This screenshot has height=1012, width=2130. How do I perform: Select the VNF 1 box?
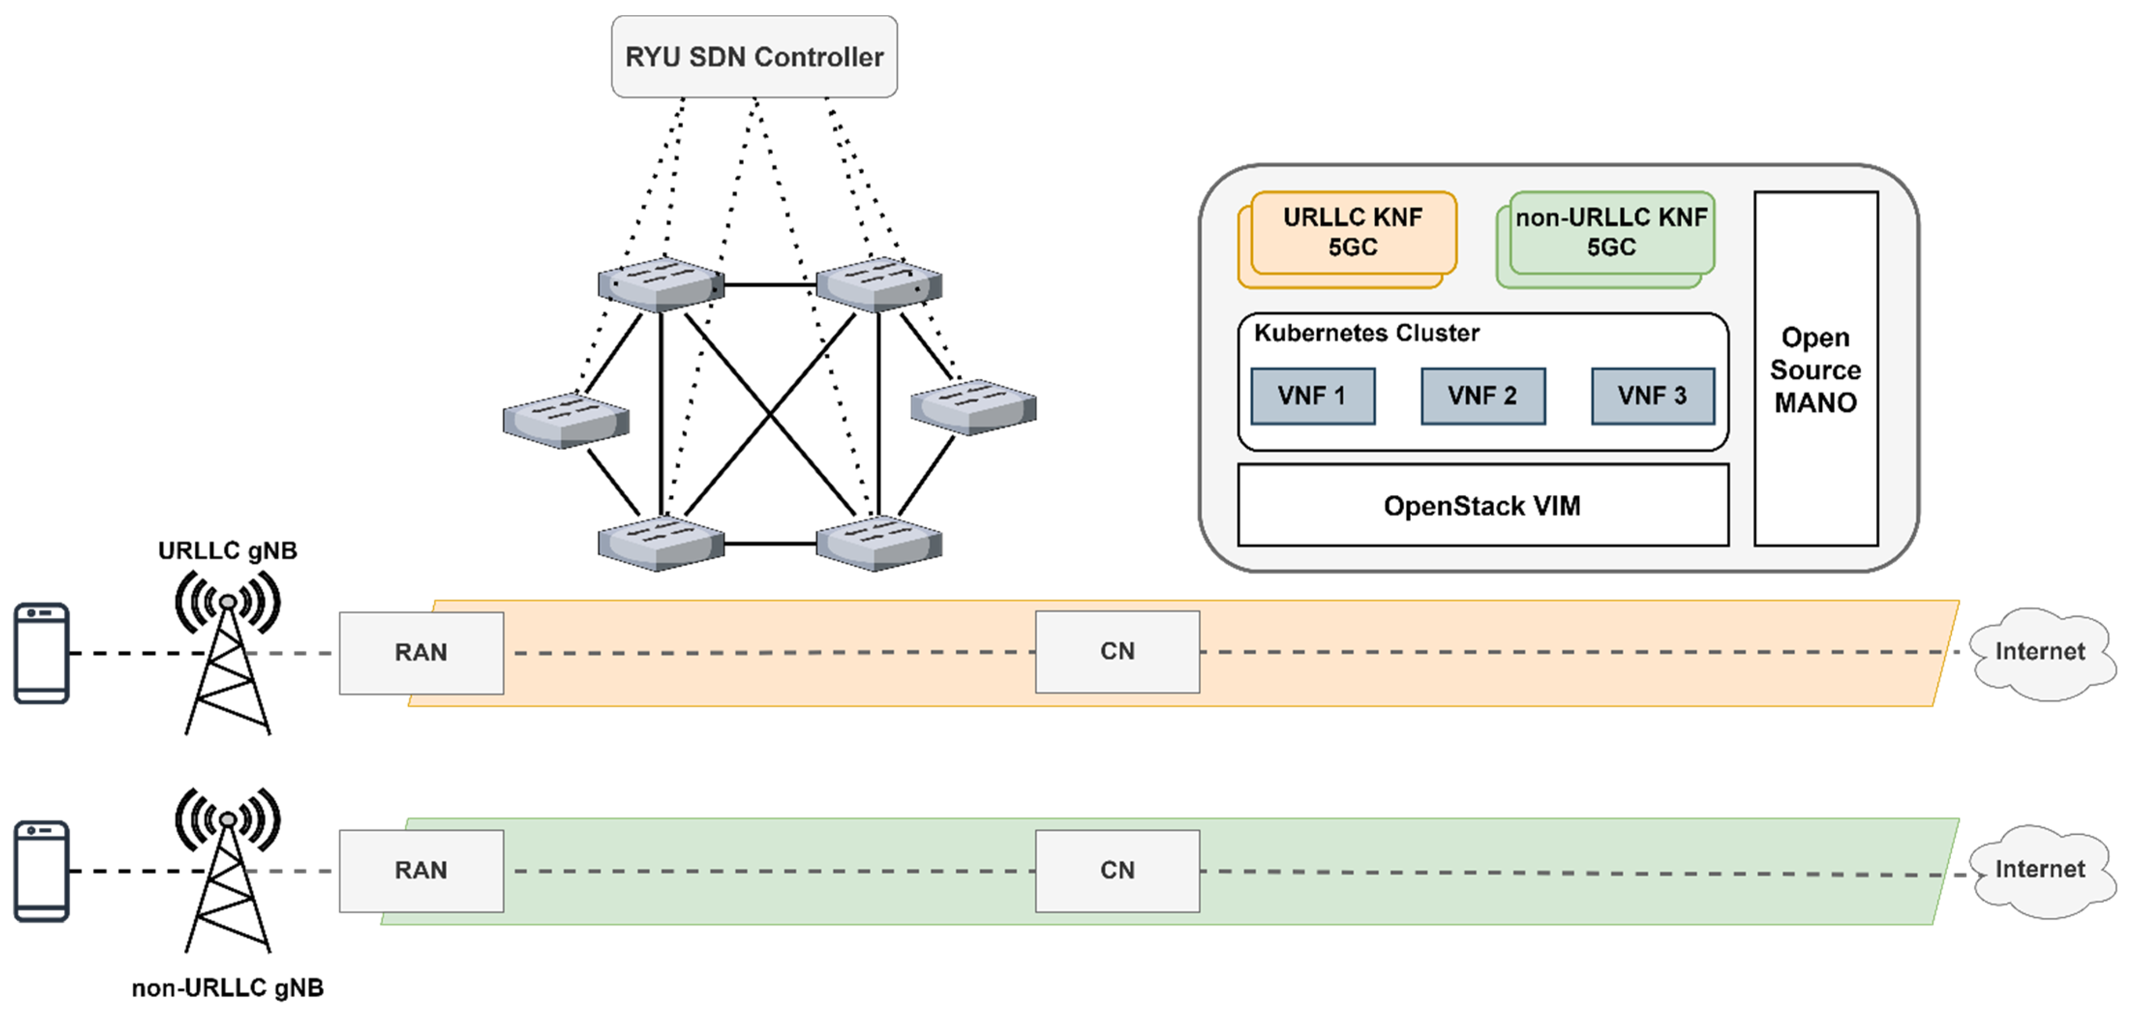pyautogui.click(x=1312, y=396)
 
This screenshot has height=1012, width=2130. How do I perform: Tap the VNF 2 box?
pyautogui.click(x=1482, y=396)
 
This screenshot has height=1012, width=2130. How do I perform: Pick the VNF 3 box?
pyautogui.click(x=1652, y=396)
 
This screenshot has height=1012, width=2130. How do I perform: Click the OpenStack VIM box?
pyautogui.click(x=1482, y=505)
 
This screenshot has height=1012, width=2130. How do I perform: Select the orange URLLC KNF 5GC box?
pyautogui.click(x=1353, y=232)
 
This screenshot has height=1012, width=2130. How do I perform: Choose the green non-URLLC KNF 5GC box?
pyautogui.click(x=1611, y=232)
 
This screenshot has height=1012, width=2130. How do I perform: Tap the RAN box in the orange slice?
pyautogui.click(x=421, y=653)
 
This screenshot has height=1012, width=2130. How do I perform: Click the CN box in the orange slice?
pyautogui.click(x=1117, y=652)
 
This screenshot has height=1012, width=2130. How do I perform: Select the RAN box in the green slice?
pyautogui.click(x=421, y=871)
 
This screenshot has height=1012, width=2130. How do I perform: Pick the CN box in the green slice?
pyautogui.click(x=1117, y=871)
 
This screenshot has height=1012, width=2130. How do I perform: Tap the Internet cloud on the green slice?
pyautogui.click(x=2040, y=870)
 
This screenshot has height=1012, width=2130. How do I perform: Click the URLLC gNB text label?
pyautogui.click(x=227, y=551)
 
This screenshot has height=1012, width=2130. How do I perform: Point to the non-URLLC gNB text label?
pyautogui.click(x=227, y=988)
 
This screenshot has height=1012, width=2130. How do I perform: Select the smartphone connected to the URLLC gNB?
pyautogui.click(x=41, y=653)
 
